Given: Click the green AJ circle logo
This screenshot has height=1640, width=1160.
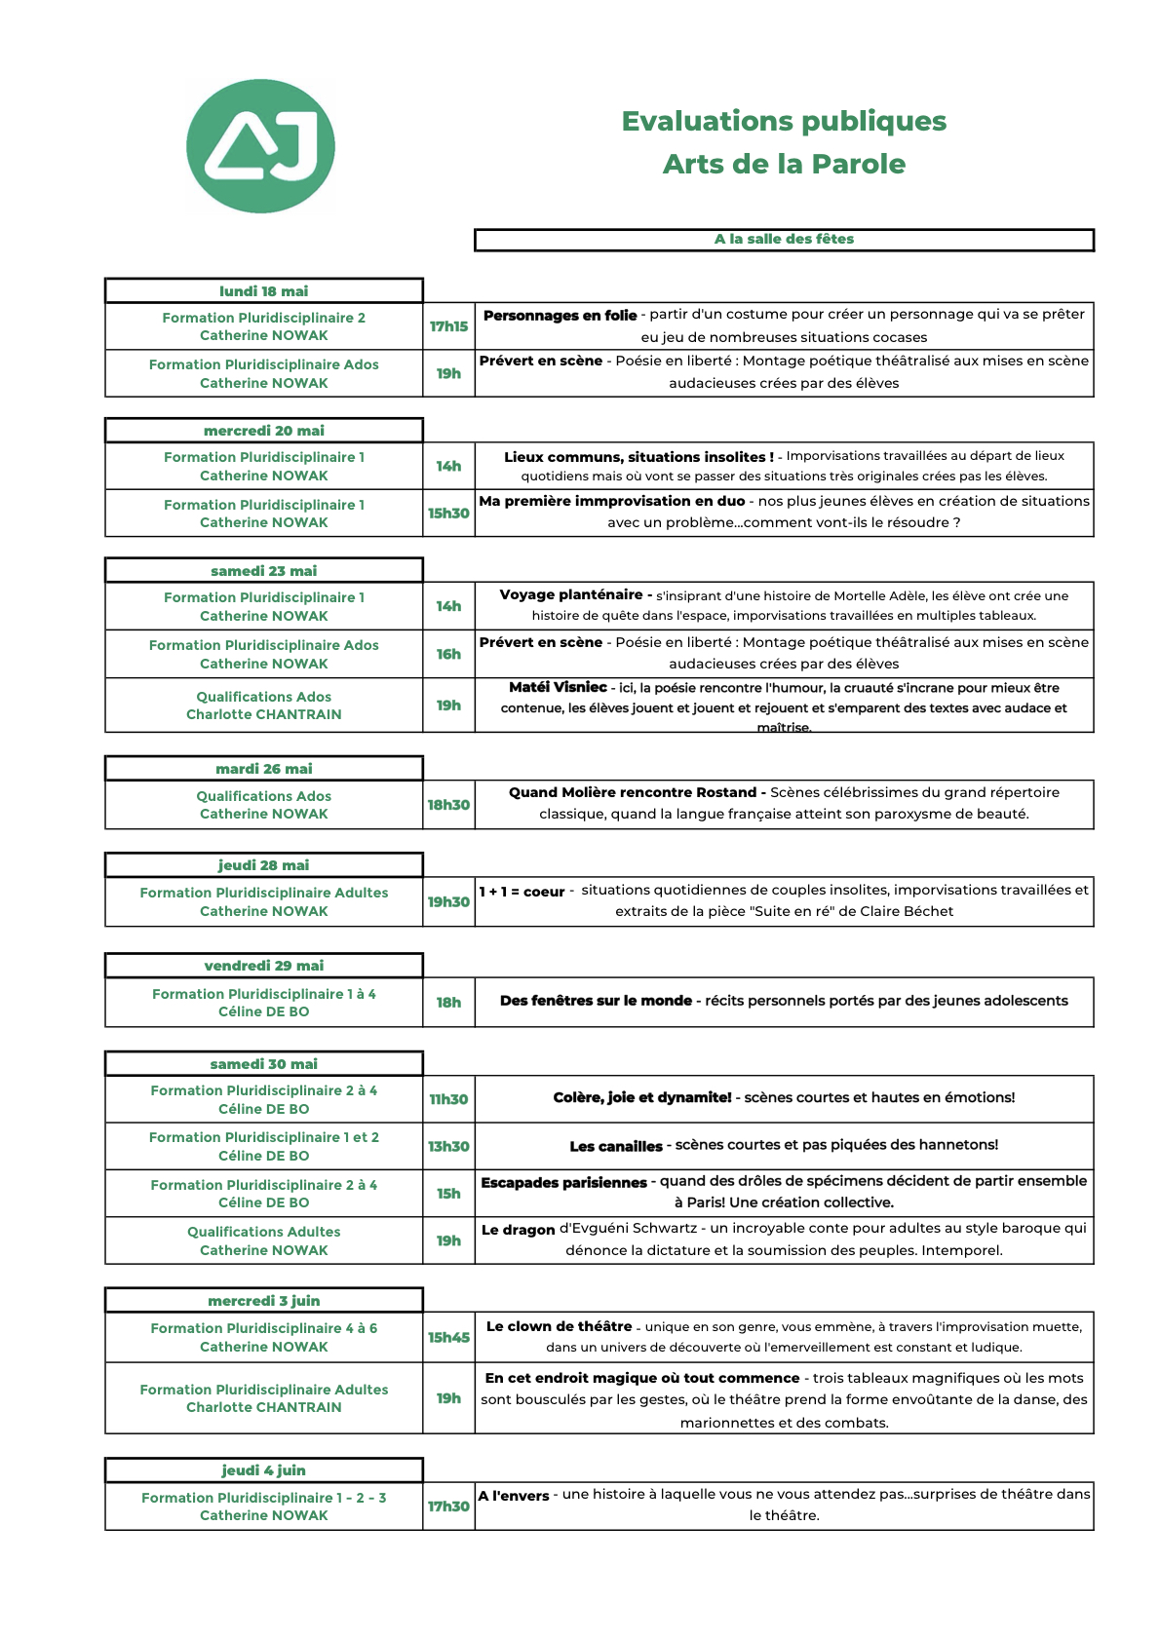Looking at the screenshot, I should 260,146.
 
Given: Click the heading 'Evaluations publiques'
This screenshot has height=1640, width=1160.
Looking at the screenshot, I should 784,121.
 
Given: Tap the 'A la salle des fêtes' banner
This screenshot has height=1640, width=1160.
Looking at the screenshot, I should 784,240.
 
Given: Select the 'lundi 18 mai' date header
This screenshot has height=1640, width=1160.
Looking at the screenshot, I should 263,291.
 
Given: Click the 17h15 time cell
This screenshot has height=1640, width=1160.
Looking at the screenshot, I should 448,326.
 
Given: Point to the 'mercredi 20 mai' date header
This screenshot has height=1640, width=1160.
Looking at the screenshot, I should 263,431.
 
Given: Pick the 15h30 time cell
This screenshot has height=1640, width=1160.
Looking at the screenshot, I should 448,514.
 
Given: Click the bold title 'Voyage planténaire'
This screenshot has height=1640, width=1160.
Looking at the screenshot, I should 570,594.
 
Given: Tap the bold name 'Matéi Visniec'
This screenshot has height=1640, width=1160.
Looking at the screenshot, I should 558,688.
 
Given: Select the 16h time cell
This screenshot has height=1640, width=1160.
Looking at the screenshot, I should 448,655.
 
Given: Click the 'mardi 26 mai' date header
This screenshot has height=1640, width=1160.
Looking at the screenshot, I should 263,769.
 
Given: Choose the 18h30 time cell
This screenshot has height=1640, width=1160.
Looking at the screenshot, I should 448,805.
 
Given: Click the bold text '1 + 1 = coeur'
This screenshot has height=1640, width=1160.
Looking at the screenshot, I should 522,892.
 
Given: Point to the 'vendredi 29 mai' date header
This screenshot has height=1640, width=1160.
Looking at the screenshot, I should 263,966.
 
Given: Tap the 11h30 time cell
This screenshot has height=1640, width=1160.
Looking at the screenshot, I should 448,1099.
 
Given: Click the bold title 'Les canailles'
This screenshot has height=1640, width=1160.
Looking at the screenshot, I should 616,1146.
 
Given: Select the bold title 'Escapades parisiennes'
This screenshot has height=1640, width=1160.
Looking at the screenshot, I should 563,1182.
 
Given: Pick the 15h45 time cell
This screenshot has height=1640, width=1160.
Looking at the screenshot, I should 448,1337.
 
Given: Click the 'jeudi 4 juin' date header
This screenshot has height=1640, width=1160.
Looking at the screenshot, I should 263,1470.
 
